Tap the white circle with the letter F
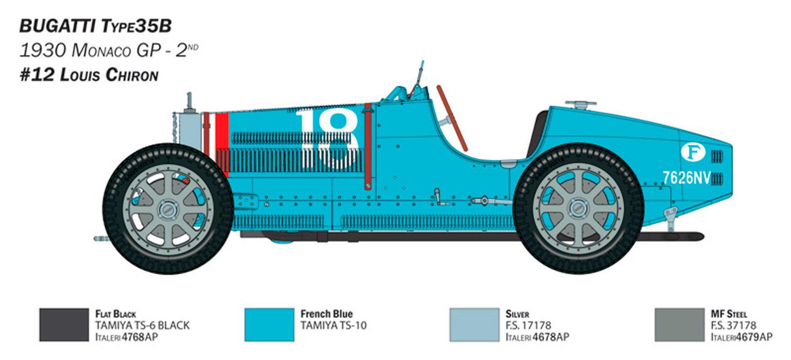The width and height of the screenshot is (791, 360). click(693, 152)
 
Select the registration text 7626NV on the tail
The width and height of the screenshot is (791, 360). click(686, 178)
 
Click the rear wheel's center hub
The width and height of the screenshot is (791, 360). click(577, 208)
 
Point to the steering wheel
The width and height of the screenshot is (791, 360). click(451, 118)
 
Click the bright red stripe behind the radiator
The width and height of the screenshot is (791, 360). click(222, 144)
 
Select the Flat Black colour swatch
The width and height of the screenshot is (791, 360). click(64, 324)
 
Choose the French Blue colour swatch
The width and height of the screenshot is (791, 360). click(269, 324)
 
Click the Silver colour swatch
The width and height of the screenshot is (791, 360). click(474, 324)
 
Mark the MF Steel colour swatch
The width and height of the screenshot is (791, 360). click(679, 324)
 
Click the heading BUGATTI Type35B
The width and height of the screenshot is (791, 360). click(95, 26)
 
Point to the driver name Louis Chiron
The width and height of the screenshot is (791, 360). click(109, 75)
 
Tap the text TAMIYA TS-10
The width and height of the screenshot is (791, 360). click(333, 325)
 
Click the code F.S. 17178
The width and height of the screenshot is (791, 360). click(528, 325)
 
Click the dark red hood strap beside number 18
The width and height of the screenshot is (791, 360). click(368, 146)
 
